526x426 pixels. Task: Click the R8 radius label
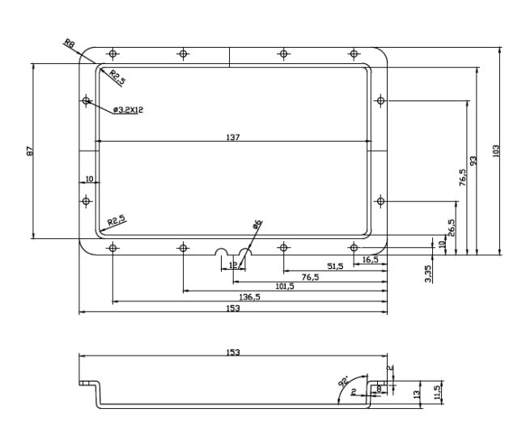[70, 43]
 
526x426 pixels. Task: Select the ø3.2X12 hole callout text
[128, 109]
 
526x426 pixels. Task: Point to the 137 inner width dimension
[233, 137]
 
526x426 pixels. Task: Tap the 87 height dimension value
[30, 151]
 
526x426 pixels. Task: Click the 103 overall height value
[495, 151]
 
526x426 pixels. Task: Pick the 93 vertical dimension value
[473, 160]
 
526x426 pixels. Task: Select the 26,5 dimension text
[452, 228]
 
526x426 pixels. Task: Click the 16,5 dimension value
[371, 259]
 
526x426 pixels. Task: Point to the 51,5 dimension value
[335, 266]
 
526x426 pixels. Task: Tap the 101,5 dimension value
[285, 287]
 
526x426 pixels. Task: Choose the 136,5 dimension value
[249, 296]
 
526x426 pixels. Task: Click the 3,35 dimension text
[428, 274]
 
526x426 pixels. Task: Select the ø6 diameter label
[257, 224]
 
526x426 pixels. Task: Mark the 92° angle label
[343, 381]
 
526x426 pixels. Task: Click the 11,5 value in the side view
[437, 392]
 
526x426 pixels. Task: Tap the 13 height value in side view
[417, 394]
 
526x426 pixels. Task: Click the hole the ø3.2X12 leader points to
[87, 100]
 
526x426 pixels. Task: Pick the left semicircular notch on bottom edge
[221, 252]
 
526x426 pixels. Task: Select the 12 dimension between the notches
[233, 265]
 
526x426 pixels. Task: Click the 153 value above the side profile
[233, 352]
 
